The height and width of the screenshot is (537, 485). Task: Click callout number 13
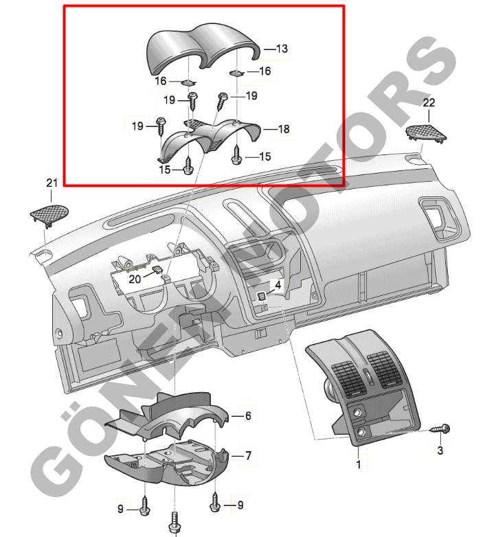point(282,49)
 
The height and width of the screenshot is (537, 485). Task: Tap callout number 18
point(284,129)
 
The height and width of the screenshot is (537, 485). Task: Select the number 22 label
point(429,102)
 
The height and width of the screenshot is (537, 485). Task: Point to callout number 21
point(52,183)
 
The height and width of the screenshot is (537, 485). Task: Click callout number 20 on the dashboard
point(135,279)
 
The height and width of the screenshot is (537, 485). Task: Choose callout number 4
point(278,284)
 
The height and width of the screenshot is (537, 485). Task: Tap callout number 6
point(248,415)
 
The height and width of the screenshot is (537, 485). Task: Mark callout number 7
point(248,455)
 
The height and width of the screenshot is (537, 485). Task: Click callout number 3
point(440,450)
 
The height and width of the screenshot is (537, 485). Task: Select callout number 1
point(359,464)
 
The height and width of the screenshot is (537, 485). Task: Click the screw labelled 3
point(440,429)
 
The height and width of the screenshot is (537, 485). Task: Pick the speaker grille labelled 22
point(426,133)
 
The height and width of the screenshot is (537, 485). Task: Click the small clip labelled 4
point(262,297)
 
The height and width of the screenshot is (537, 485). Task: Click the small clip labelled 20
point(157,270)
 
